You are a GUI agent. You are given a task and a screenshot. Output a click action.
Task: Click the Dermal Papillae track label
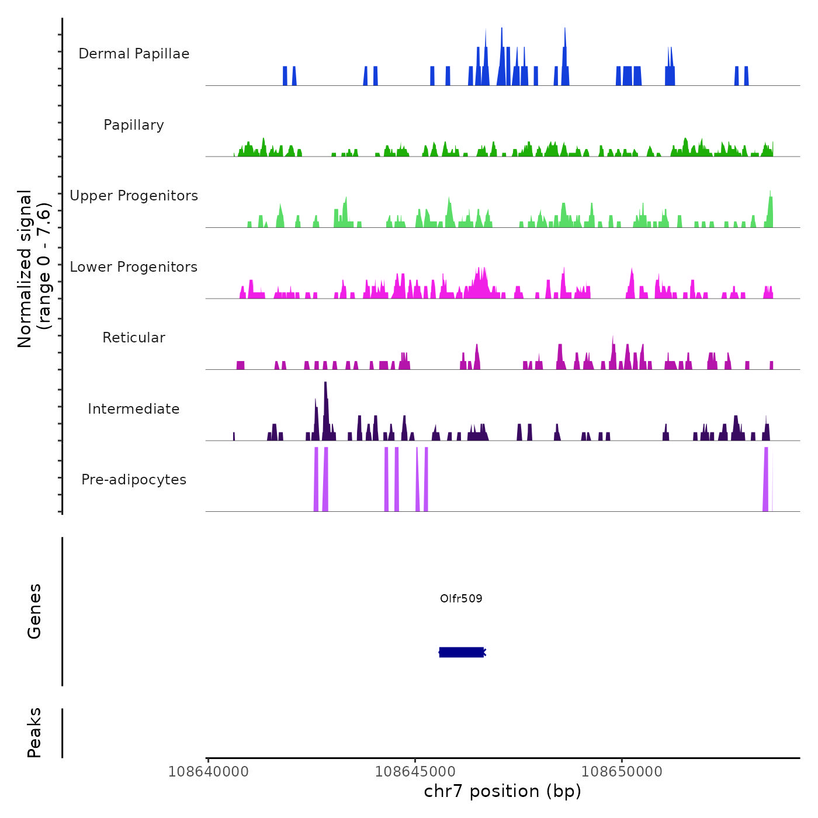[134, 54]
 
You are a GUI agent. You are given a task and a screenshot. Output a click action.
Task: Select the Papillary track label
[134, 125]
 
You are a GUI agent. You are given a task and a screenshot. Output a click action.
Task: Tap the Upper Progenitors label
[134, 196]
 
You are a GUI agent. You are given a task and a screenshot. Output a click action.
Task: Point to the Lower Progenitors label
[134, 267]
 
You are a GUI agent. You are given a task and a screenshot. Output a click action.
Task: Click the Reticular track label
[134, 338]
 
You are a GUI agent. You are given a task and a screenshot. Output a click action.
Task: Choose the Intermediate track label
[134, 409]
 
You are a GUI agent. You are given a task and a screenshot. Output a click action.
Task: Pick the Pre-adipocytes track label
[134, 480]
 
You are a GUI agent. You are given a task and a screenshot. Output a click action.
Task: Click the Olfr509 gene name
[461, 598]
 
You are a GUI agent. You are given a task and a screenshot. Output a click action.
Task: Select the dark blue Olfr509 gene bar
[461, 652]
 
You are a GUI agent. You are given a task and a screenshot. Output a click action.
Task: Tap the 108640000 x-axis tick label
[208, 772]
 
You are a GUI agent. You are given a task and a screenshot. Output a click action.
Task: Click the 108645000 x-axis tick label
[415, 772]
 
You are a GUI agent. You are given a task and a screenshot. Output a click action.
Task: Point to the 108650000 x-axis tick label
[622, 772]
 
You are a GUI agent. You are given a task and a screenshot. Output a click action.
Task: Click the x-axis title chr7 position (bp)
[502, 791]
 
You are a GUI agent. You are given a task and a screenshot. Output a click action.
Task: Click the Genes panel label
[34, 611]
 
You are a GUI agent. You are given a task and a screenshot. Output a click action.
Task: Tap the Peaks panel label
[34, 733]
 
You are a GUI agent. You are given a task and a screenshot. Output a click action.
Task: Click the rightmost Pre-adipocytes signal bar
[766, 479]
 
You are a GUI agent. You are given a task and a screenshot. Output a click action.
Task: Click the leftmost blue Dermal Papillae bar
[285, 76]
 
